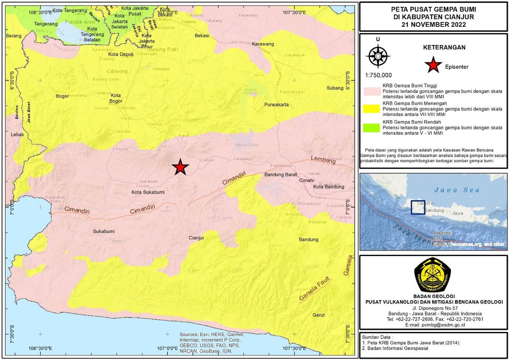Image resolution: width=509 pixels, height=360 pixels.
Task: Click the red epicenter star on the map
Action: [180, 168]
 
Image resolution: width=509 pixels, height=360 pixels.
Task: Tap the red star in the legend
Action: [433, 66]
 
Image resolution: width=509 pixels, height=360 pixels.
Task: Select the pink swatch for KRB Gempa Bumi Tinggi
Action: [372, 90]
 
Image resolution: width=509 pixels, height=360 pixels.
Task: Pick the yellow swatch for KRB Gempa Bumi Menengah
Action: [372, 108]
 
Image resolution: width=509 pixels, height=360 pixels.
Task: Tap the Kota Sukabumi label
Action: [148, 192]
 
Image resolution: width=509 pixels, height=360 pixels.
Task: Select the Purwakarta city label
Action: [276, 104]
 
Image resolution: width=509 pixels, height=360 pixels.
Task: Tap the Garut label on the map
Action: [319, 315]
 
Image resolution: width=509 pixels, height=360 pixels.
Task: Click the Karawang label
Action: [263, 44]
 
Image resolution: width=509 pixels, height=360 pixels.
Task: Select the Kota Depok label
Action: [121, 54]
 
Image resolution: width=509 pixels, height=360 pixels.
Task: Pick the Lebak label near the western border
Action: [17, 134]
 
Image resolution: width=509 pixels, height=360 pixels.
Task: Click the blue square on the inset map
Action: [418, 208]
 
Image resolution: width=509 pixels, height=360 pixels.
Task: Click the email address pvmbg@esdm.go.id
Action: [433, 324]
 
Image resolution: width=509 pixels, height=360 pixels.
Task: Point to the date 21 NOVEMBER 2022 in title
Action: [433, 25]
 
